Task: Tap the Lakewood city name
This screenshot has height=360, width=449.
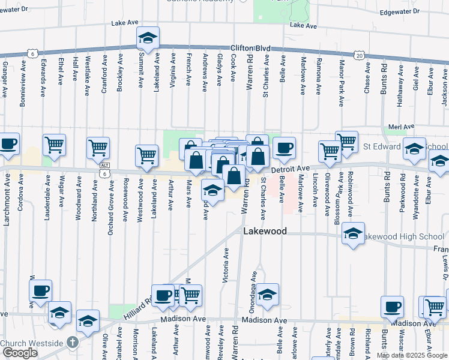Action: coord(265,231)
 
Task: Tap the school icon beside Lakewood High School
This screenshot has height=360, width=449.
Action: coord(354,234)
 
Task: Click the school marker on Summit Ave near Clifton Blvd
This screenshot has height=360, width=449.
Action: coord(147,38)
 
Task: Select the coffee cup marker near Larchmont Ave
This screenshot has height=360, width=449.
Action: coord(9,144)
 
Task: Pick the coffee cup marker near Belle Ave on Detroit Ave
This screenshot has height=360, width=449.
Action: coord(285,148)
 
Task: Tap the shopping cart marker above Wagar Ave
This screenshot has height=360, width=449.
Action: coord(54,145)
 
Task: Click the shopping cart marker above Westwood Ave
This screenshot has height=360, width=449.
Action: coord(146,155)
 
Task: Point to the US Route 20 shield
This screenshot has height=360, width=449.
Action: coord(359,55)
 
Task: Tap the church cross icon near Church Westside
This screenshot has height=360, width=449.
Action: coord(72,342)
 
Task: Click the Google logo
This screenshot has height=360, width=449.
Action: coord(19,353)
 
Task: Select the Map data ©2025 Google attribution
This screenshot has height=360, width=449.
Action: coord(411,355)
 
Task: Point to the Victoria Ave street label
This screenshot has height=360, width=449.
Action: coord(226,266)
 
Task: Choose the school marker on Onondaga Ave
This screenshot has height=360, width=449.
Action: coord(268,294)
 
